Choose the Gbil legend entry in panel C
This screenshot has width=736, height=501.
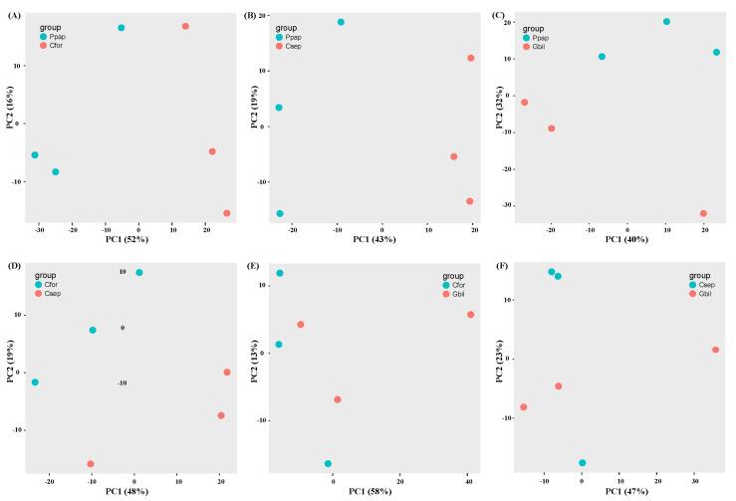coord(545,46)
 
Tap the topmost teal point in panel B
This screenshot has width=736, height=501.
coord(341,22)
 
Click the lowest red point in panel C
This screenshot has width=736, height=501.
coord(703,213)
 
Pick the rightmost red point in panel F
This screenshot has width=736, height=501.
coord(715,350)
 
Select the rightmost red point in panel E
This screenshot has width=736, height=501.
coord(470,315)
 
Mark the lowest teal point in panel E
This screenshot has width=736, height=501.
coord(328,463)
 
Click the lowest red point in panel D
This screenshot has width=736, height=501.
coord(91,464)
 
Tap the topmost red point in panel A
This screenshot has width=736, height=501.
coord(185,26)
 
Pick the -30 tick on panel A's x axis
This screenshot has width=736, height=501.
coord(38,228)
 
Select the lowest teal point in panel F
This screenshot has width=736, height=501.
coord(582,463)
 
